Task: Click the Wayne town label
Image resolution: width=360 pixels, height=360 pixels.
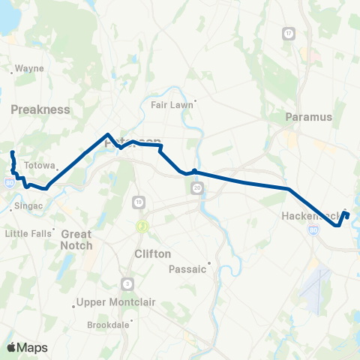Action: click(29, 68)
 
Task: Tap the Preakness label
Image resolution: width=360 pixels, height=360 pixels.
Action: click(40, 109)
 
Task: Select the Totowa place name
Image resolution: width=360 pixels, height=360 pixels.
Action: click(40, 165)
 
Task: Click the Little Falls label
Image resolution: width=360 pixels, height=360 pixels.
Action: click(28, 233)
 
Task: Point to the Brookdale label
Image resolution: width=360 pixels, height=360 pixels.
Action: click(109, 325)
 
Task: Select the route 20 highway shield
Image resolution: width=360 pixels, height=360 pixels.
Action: click(196, 188)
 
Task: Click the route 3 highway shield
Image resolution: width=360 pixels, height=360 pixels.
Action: click(128, 283)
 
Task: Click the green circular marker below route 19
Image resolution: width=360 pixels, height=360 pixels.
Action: click(140, 226)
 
